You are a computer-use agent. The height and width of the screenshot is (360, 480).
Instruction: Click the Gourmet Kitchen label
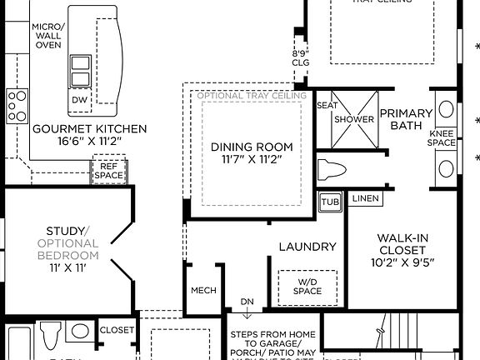point(89,129)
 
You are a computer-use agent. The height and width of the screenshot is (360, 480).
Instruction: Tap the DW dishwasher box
point(80,100)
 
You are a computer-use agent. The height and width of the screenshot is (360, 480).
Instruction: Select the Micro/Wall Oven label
point(47,36)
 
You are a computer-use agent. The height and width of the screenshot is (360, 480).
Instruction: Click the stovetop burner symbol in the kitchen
point(17,106)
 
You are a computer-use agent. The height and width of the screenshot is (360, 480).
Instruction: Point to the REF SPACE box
point(107,171)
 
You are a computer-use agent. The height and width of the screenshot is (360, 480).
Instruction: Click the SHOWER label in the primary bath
point(354,119)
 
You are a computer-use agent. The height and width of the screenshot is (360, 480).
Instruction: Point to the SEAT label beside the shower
point(327,106)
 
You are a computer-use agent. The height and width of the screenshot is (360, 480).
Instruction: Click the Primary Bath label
point(406,119)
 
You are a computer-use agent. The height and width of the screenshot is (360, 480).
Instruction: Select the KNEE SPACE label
point(442,137)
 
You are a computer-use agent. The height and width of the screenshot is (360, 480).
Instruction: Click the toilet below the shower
point(332,169)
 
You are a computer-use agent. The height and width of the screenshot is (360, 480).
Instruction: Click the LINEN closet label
point(367,198)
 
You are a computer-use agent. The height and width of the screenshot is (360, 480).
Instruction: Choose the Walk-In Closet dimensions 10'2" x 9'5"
point(403,262)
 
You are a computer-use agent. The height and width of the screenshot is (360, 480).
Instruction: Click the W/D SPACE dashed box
point(307,286)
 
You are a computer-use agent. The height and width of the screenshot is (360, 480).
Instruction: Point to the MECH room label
point(203,290)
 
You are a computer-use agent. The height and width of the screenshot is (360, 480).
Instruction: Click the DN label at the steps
point(247,302)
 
